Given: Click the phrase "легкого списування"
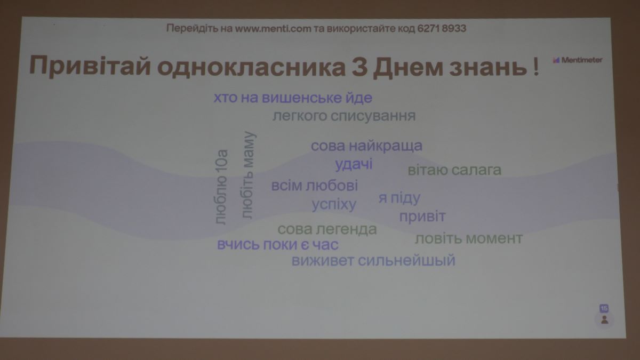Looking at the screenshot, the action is click(344, 116).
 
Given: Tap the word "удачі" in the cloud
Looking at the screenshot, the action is click(354, 165).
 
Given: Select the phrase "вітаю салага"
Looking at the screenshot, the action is click(454, 170).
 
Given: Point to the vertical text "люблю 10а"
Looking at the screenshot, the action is click(221, 187).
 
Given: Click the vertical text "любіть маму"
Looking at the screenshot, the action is click(247, 175).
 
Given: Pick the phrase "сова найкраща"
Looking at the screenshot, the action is click(366, 146).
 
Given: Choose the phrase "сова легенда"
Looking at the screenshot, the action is click(327, 229).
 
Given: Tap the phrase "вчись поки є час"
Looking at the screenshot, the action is click(278, 245).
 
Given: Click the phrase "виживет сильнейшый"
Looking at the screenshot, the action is click(373, 261).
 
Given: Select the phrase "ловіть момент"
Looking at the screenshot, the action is click(469, 238).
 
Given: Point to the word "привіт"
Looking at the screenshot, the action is click(422, 217).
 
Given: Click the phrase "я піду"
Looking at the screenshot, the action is click(399, 198).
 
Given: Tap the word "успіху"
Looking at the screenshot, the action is click(334, 205).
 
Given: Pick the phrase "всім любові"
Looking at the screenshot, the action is click(315, 186).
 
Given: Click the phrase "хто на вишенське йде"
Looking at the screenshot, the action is click(293, 98).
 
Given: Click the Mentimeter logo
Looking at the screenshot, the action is click(578, 60).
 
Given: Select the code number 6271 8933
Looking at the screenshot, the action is click(442, 28).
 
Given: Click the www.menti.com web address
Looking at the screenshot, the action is click(273, 29).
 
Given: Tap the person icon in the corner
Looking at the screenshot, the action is click(604, 319).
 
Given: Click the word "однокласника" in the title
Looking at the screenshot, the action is click(251, 67).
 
